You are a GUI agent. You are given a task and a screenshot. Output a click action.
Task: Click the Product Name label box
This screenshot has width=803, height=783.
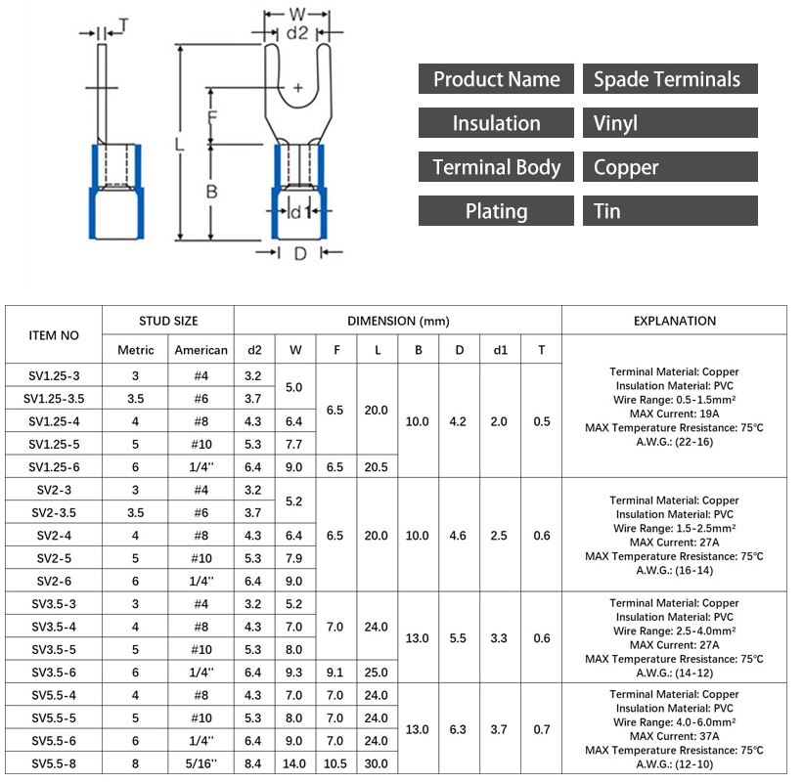click(x=496, y=79)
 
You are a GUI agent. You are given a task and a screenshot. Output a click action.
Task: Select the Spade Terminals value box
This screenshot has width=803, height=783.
click(x=670, y=79)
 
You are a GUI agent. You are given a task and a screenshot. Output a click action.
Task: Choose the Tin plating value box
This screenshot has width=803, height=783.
click(x=670, y=211)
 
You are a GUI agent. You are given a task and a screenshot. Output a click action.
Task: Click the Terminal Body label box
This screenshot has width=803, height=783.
click(x=496, y=167)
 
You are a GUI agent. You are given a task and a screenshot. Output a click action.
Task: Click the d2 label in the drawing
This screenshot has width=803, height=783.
click(x=297, y=32)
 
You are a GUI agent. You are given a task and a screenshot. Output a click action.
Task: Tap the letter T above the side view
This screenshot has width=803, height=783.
click(x=122, y=22)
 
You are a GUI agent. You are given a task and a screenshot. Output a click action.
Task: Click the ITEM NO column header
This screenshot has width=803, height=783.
click(x=54, y=334)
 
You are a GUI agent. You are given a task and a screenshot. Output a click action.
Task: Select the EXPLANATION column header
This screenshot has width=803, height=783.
click(x=674, y=321)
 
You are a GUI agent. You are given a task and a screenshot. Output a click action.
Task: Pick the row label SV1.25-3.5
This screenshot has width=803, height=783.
click(x=54, y=399)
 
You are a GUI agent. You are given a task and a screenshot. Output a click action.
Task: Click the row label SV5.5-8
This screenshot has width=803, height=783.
click(x=54, y=763)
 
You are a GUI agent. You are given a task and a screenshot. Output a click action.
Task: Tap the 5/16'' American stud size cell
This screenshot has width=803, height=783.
click(x=201, y=763)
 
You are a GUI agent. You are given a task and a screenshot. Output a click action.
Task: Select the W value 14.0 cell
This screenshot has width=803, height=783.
click(x=294, y=763)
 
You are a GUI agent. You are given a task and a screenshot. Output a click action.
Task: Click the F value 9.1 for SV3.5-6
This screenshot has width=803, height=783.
click(x=335, y=673)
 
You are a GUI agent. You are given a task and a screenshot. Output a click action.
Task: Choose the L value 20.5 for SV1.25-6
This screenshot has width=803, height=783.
click(x=377, y=467)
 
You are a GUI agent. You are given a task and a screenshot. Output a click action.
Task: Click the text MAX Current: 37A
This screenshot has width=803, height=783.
click(x=674, y=736)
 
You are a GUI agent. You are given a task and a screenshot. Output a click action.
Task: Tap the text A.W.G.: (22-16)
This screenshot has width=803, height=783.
click(x=674, y=442)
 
